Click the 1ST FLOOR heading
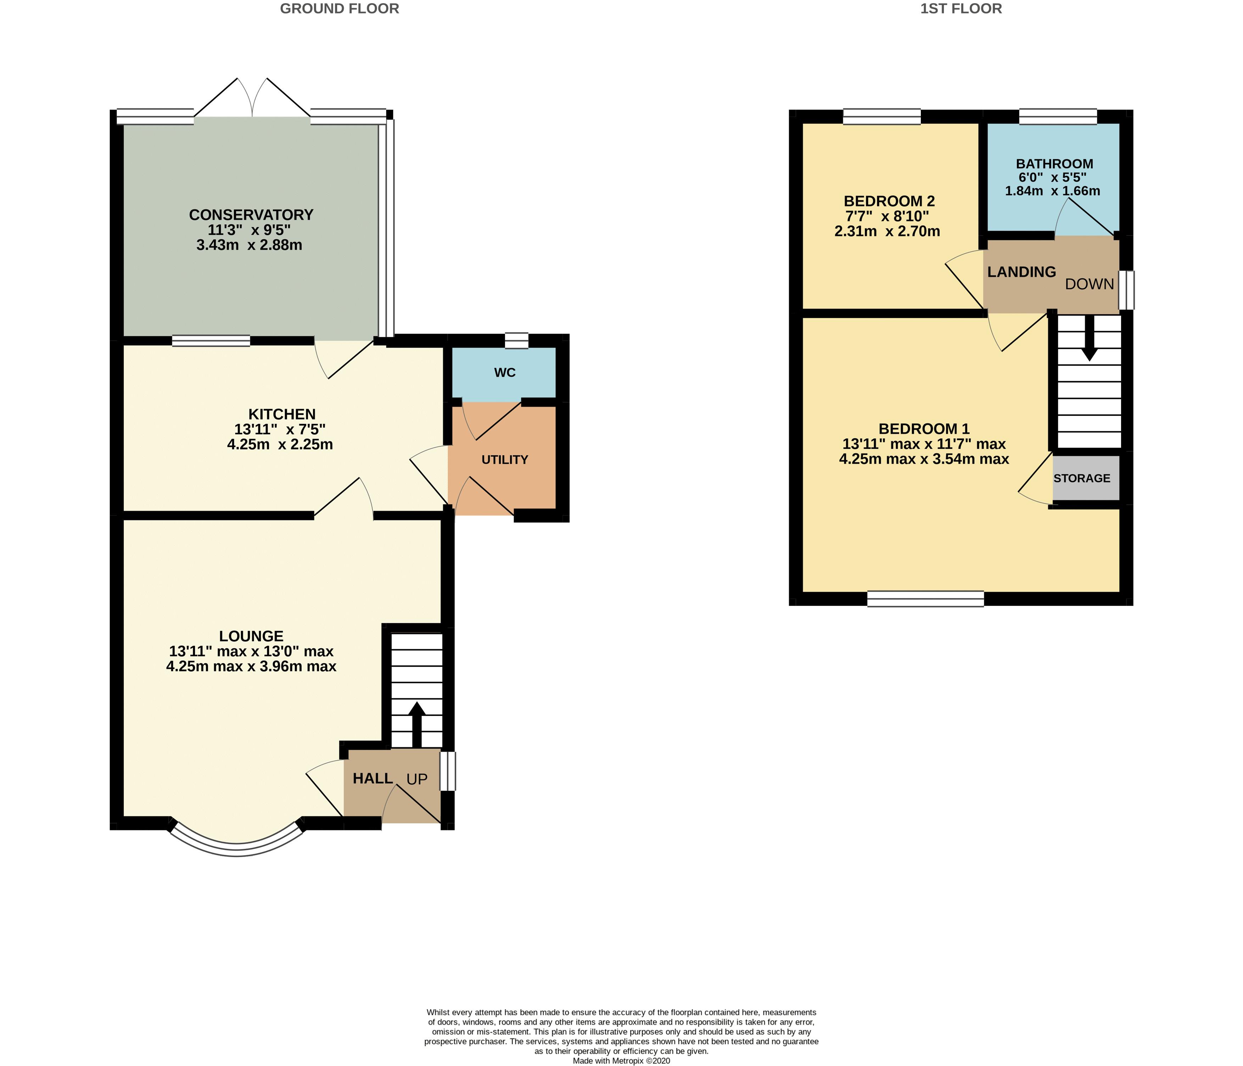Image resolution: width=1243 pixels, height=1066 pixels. (961, 9)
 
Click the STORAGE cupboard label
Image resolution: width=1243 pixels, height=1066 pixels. (1082, 478)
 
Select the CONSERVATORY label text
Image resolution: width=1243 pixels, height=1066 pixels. (251, 215)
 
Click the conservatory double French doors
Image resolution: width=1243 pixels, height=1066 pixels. (253, 99)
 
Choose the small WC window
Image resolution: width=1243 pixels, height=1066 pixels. (516, 340)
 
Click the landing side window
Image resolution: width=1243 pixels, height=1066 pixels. (1127, 290)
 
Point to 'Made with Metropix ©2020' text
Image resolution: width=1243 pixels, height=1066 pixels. (621, 1061)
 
